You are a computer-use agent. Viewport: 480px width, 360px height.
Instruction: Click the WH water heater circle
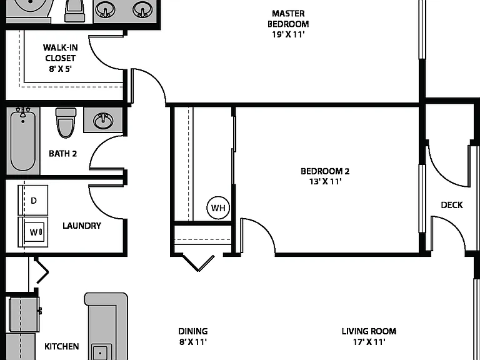tap(218, 208)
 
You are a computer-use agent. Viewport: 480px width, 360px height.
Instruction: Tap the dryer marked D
tap(33, 200)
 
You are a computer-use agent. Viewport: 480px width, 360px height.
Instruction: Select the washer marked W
tap(33, 232)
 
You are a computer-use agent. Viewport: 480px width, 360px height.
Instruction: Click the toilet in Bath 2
tap(66, 122)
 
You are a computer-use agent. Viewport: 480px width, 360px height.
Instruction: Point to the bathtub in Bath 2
tap(23, 141)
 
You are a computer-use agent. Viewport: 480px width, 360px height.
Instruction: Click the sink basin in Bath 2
tap(104, 120)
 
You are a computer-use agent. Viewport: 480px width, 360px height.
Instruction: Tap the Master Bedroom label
tap(288, 19)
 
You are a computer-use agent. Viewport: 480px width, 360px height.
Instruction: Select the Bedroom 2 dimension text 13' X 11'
tap(325, 181)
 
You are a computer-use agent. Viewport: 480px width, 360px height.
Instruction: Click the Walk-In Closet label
tap(60, 53)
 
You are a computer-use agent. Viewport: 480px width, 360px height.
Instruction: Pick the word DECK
tap(451, 205)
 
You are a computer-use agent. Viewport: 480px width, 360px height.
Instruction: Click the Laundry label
tap(82, 226)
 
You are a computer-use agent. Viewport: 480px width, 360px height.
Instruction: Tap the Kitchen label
tap(61, 346)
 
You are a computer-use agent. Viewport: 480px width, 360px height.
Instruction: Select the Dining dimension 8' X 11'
tap(193, 342)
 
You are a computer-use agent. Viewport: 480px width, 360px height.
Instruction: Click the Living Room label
tap(369, 331)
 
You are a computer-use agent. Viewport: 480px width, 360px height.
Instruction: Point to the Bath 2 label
tap(62, 153)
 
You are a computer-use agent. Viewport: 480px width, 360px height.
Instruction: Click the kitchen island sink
tap(101, 352)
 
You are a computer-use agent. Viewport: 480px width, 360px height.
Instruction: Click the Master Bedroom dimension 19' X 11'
tap(288, 34)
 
